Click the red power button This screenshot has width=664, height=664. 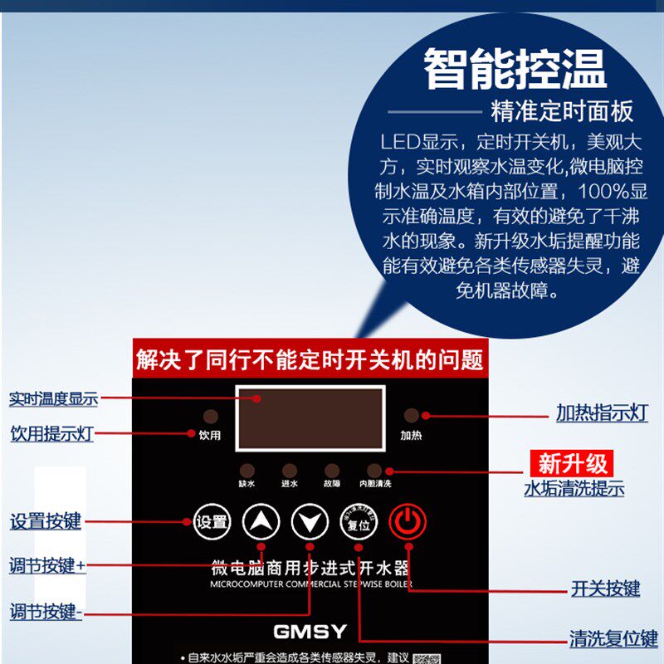tap(408, 522)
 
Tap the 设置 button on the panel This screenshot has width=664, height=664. tap(211, 522)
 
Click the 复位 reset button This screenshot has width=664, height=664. tap(359, 523)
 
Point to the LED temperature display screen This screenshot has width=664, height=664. tap(310, 418)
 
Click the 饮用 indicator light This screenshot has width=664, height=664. tap(211, 417)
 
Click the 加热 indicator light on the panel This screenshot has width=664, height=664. tap(411, 417)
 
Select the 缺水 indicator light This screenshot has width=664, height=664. tap(247, 470)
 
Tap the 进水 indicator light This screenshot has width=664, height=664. tap(289, 470)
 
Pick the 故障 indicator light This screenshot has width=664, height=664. tap(332, 470)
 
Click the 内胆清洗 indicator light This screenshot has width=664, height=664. tap(375, 470)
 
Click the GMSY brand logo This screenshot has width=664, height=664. tap(310, 632)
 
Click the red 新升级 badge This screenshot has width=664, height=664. tap(573, 463)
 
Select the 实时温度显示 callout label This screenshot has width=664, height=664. tap(53, 398)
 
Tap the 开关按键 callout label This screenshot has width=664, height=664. tap(605, 588)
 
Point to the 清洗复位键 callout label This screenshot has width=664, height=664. tap(613, 639)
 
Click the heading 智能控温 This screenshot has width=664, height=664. tap(515, 68)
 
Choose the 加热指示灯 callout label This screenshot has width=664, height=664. tap(601, 413)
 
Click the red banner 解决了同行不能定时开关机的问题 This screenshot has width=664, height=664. tap(310, 359)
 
